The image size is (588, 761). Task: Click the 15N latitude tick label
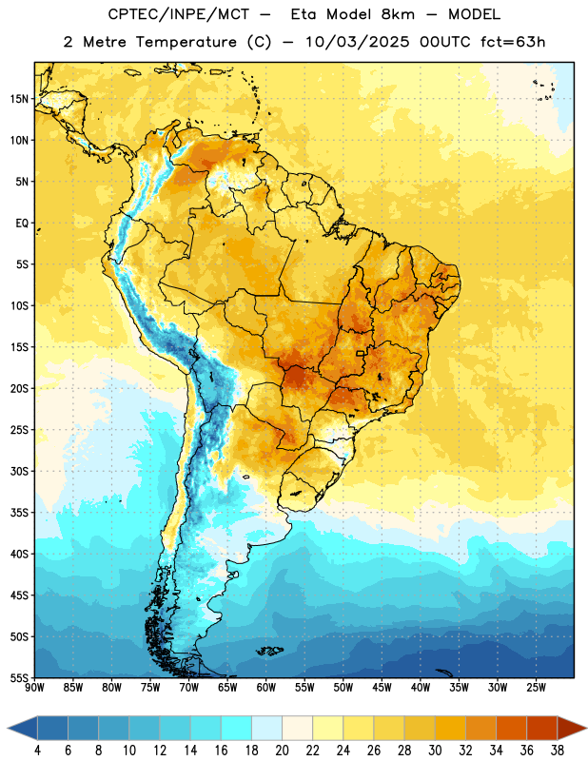[19, 99]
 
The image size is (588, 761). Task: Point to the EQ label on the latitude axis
[22, 224]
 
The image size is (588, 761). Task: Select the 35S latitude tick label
[19, 513]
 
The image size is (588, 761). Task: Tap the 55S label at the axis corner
[19, 677]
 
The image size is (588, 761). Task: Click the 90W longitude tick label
[34, 687]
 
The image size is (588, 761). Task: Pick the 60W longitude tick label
[266, 687]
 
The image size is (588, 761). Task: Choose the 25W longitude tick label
[536, 687]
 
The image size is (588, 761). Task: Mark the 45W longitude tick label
[382, 687]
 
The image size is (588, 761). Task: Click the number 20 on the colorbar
[282, 751]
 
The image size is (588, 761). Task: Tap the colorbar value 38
[558, 751]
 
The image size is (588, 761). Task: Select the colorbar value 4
[37, 751]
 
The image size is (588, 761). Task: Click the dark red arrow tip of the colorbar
[573, 728]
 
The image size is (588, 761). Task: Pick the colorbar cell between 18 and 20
[266, 728]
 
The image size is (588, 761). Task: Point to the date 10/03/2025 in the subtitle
[358, 42]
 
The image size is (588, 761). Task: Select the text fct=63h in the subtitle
[513, 42]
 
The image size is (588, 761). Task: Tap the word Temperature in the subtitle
[186, 42]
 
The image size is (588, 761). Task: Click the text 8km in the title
[398, 14]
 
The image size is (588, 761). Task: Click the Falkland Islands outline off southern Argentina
[269, 651]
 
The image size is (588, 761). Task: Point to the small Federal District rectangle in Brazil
[361, 353]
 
